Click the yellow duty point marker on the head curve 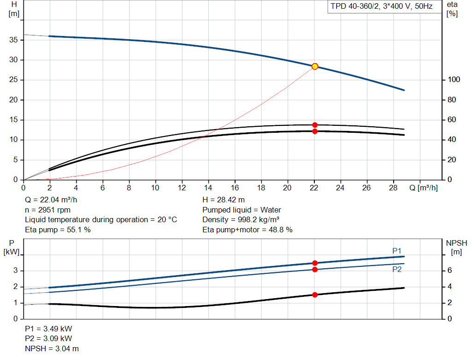pyautogui.click(x=314, y=66)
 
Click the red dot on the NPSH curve pyautogui.click(x=314, y=295)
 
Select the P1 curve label pyautogui.click(x=397, y=251)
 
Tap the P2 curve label pyautogui.click(x=397, y=269)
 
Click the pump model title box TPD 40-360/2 pyautogui.click(x=382, y=6)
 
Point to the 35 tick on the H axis pyautogui.click(x=13, y=40)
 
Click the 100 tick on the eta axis pyautogui.click(x=454, y=79)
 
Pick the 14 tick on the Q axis pyautogui.click(x=208, y=188)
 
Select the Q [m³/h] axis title pyautogui.click(x=423, y=188)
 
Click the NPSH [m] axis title pyautogui.click(x=456, y=248)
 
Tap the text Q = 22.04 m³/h pyautogui.click(x=51, y=200)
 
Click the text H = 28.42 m pyautogui.click(x=224, y=200)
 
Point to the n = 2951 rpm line pyautogui.click(x=47, y=210)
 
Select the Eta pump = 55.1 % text pyautogui.click(x=58, y=230)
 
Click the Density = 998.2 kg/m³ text pyautogui.click(x=241, y=220)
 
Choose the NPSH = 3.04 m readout pyautogui.click(x=52, y=348)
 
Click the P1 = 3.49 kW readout pyautogui.click(x=48, y=329)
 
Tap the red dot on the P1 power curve pyautogui.click(x=314, y=263)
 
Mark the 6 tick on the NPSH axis pyautogui.click(x=449, y=270)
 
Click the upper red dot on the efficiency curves pyautogui.click(x=314, y=125)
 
